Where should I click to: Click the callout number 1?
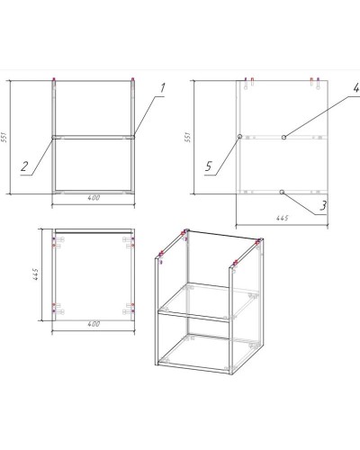pos(162,88)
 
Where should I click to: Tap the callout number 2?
pos(24,166)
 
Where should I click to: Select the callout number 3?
pos(323,205)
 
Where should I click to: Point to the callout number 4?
pos(356,87)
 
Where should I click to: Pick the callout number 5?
pos(209,166)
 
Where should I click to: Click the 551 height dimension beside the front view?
pos(4,137)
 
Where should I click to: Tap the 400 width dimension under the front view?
pos(94,198)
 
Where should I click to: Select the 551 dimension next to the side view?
pos(187,137)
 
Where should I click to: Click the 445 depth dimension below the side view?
pos(282,218)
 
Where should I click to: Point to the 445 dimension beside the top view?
pos(35,274)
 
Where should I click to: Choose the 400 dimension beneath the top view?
pos(94,324)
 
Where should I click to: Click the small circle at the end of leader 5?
pos(239,137)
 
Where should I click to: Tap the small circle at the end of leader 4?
pos(283,137)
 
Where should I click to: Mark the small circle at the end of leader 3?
pos(282,192)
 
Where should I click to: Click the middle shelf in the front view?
pos(94,137)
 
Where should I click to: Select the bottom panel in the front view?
pos(94,192)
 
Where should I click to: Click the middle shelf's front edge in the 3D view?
pos(193,317)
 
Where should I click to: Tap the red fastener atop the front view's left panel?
pos(54,79)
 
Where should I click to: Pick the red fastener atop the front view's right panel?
pos(132,79)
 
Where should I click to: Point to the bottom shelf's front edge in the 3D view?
pos(193,367)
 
